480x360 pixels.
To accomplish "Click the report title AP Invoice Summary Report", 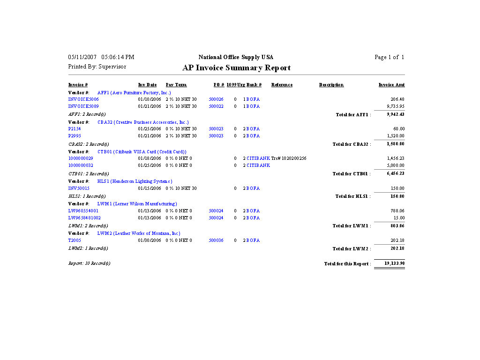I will [x=236, y=68].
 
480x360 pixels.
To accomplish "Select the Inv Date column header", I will [x=147, y=85].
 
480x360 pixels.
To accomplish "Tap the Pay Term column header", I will [x=176, y=85].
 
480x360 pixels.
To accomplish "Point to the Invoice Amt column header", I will [x=391, y=85].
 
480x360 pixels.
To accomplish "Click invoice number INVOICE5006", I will [x=83, y=99].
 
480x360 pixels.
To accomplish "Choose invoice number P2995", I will [x=75, y=136].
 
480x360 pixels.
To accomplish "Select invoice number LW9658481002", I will [x=84, y=218].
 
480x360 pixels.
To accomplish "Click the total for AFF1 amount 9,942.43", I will [x=395, y=114].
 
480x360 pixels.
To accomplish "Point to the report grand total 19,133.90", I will [x=394, y=263].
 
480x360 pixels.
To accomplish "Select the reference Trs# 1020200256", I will [x=289, y=158].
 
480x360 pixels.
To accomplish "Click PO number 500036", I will [x=216, y=240].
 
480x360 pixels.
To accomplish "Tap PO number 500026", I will [x=216, y=99].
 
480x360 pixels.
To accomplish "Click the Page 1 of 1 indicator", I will [x=389, y=57].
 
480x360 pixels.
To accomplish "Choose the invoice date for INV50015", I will [x=149, y=188].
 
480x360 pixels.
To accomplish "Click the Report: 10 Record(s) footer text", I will [x=89, y=263].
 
